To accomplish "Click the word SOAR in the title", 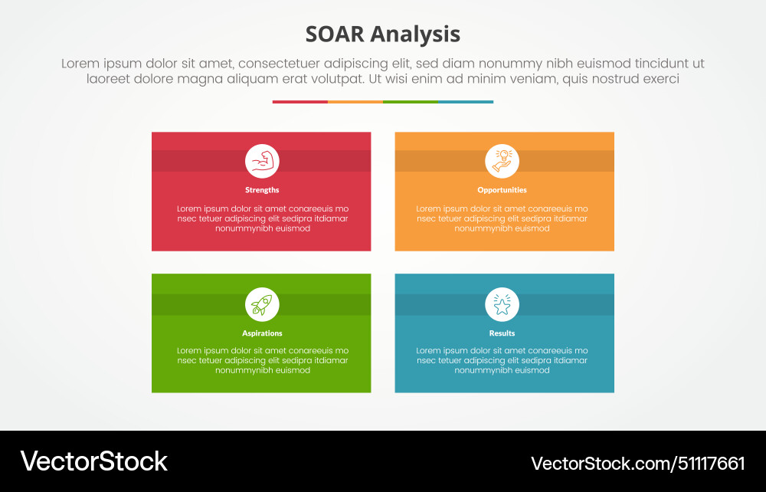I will point(334,34).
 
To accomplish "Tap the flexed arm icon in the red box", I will point(262,161).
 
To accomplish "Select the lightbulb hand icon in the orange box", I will point(502,161).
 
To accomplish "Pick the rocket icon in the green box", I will point(262,304).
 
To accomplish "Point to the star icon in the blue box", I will point(502,305).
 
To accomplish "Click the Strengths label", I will point(262,190).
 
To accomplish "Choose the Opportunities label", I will point(502,190).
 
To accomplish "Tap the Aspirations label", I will point(262,333).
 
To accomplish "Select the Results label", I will point(502,333).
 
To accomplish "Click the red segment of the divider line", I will point(300,102).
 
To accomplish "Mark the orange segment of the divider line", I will point(355,102).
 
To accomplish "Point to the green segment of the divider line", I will point(410,102).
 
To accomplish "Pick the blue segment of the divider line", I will point(466,102).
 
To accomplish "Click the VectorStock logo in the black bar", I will point(93,461).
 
